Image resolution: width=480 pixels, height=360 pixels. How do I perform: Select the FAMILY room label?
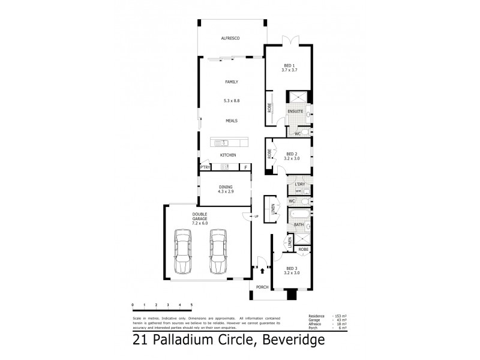[232, 82]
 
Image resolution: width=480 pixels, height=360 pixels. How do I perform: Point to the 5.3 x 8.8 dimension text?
[232, 101]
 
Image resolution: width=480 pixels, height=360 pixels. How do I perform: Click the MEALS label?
[232, 121]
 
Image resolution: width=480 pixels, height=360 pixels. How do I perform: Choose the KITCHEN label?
[228, 155]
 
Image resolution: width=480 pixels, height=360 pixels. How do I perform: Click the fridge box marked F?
[245, 167]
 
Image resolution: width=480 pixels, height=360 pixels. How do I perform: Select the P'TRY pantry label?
[205, 168]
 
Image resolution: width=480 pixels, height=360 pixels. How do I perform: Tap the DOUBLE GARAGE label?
[200, 217]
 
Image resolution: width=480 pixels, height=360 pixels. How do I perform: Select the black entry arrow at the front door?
[263, 271]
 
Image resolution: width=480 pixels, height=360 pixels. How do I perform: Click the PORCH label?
[263, 287]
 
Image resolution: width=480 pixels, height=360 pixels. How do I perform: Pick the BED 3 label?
[292, 268]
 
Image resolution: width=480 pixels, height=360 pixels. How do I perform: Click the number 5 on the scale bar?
[191, 305]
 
